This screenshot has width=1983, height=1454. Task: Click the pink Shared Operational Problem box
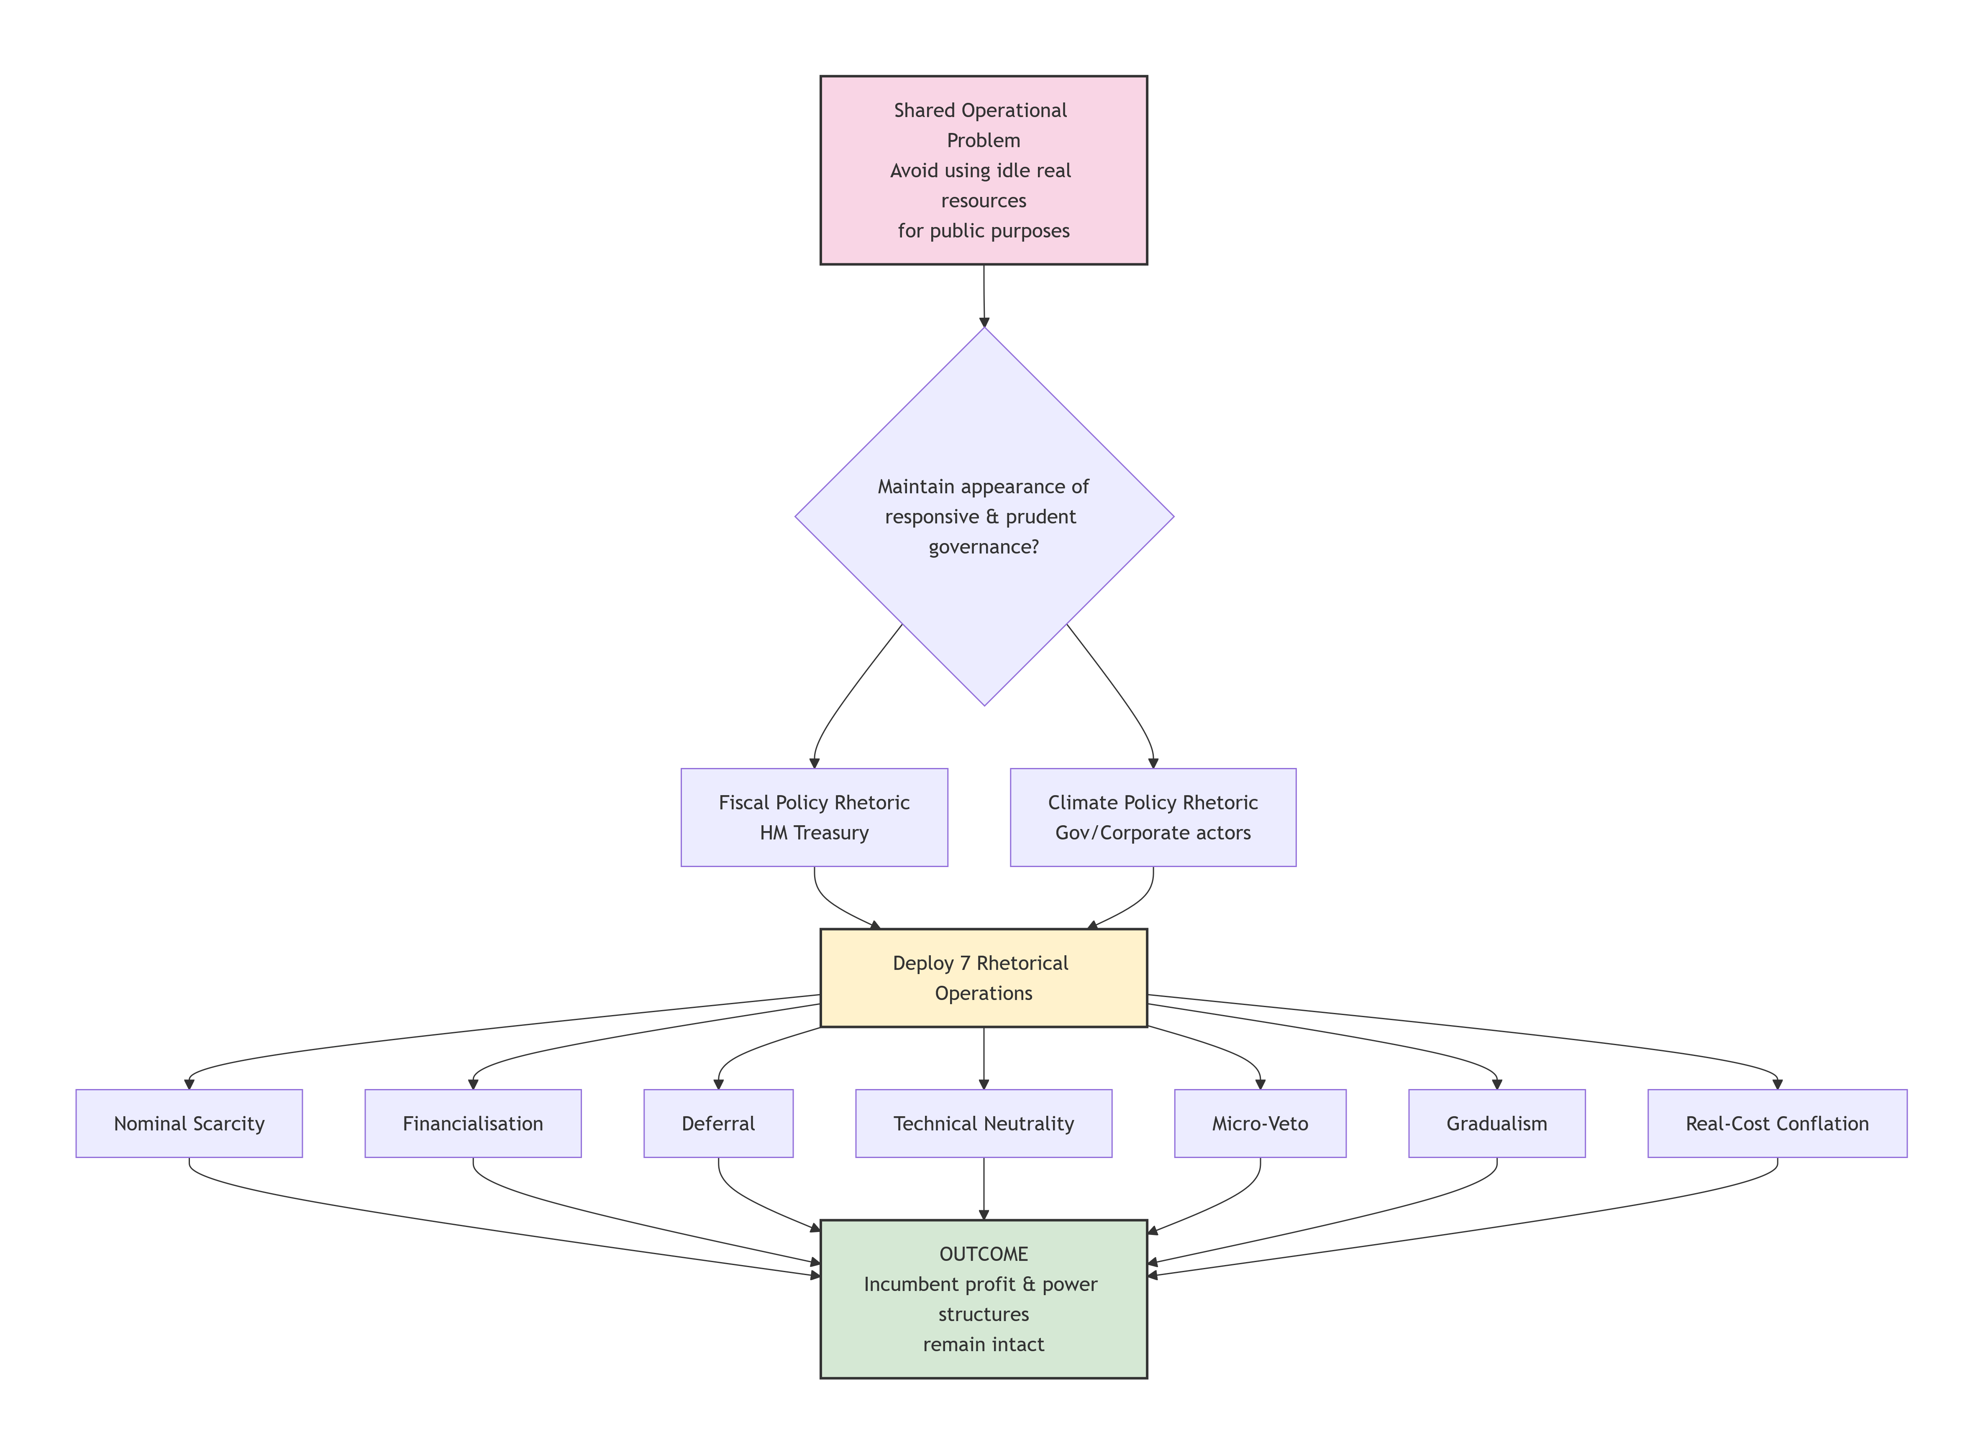(x=984, y=170)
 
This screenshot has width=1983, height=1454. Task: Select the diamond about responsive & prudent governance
(x=984, y=517)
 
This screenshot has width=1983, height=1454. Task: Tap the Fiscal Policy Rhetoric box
(x=815, y=818)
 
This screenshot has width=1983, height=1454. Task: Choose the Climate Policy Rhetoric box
(x=1153, y=818)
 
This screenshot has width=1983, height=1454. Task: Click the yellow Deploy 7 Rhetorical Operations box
(x=984, y=978)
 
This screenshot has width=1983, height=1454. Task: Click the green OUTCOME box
(x=984, y=1299)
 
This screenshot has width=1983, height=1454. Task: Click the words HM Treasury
(x=815, y=833)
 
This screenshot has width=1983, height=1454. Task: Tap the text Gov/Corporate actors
(x=1153, y=833)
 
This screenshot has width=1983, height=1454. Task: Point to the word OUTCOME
(x=984, y=1254)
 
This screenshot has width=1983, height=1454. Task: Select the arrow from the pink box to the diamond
(x=984, y=296)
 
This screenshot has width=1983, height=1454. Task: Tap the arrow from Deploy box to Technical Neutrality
(x=984, y=1059)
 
